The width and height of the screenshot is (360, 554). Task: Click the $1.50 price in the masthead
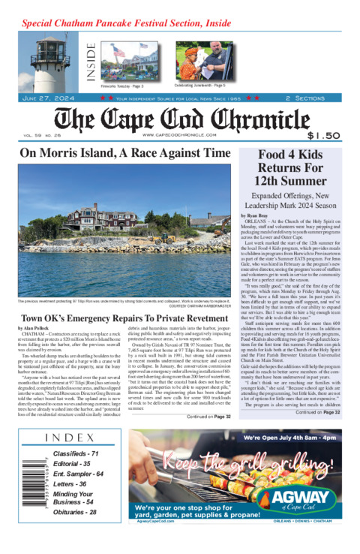point(324,136)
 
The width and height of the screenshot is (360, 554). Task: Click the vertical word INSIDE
point(91,62)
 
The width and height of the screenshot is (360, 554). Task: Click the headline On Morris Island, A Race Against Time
point(124,152)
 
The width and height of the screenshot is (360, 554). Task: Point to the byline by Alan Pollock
point(36,350)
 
